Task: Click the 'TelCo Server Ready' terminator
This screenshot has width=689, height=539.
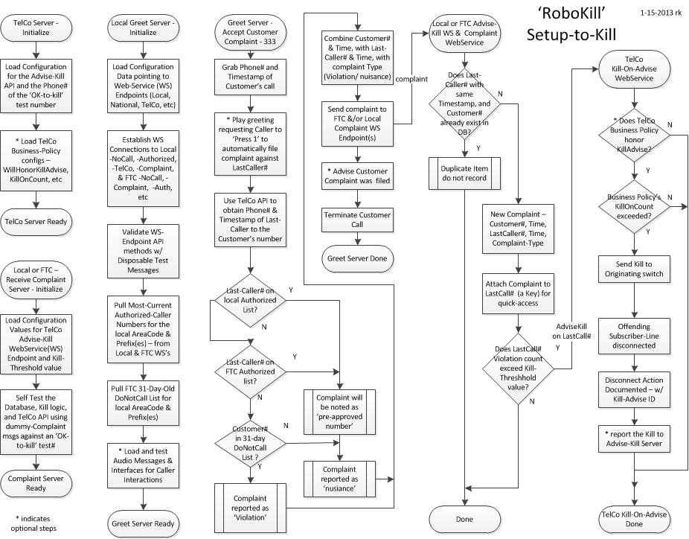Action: tap(35, 221)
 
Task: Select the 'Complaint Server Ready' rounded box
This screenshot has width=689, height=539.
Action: tap(35, 482)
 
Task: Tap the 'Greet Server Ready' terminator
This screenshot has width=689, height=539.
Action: tap(142, 523)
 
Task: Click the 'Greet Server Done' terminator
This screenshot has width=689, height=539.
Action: tap(358, 258)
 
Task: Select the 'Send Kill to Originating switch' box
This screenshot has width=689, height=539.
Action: tap(633, 270)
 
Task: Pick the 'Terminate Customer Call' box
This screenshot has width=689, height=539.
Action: tap(358, 219)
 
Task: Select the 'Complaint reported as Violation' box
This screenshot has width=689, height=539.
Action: tap(250, 503)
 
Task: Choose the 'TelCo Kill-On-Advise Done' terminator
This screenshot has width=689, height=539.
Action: tap(633, 518)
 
